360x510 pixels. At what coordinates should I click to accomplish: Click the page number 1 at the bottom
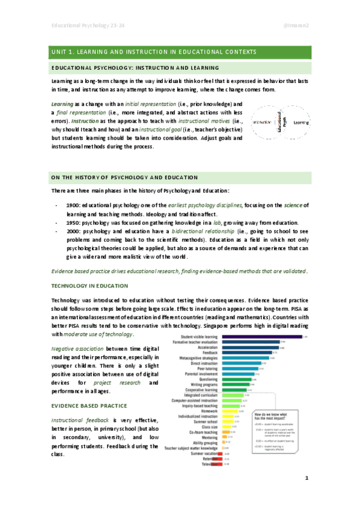pos(307,494)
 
